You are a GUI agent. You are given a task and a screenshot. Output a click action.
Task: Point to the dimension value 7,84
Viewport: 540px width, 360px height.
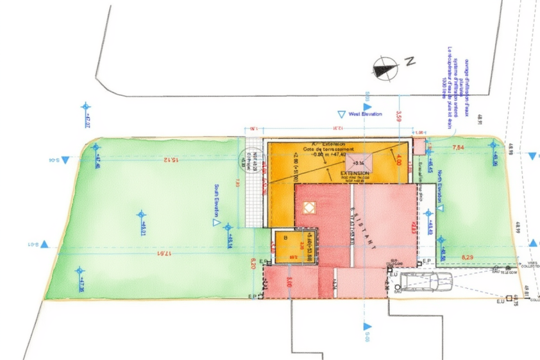click(459, 148)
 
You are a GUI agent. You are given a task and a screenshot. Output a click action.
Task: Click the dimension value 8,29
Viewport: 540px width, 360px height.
click(468, 257)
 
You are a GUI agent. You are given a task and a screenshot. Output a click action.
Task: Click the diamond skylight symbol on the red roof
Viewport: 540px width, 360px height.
click(309, 207)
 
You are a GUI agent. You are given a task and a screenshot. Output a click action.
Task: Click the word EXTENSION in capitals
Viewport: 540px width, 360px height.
click(355, 174)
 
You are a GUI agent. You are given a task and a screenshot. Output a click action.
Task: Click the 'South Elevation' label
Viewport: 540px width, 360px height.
click(217, 201)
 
